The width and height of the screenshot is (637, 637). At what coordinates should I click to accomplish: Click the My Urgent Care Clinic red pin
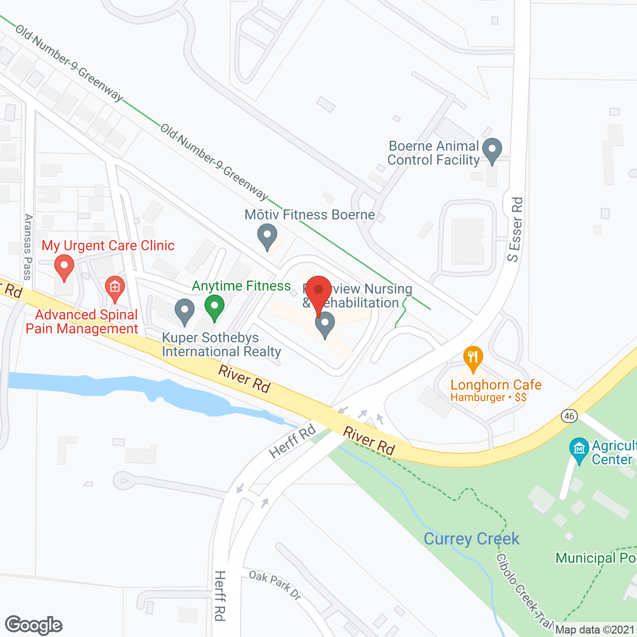point(64,267)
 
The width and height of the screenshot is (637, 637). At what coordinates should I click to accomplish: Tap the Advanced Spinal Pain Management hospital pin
point(115,288)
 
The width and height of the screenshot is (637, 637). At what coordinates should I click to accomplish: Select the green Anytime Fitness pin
point(214,308)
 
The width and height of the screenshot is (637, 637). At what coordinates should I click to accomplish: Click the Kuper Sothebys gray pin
point(185,312)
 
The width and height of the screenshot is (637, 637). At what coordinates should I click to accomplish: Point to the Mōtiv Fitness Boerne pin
point(267,236)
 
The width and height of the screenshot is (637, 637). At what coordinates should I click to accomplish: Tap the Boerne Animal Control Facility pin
point(492,150)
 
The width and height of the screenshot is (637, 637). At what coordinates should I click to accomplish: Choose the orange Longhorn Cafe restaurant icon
point(473,358)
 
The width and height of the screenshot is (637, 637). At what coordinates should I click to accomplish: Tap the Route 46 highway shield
point(569,416)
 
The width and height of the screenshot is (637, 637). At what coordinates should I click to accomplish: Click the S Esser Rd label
point(516,229)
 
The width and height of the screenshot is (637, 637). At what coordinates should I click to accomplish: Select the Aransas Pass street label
point(28,247)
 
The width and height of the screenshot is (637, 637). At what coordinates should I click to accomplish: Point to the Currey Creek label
point(471,539)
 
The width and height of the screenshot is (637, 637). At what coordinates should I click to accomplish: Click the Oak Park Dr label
point(275,585)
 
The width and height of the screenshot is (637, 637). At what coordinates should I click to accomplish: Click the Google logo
point(34,625)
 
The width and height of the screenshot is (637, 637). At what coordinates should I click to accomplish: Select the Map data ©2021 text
point(595,630)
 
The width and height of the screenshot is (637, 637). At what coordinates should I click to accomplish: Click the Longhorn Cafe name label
point(496,385)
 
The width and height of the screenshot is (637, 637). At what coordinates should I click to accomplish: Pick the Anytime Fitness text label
point(241,286)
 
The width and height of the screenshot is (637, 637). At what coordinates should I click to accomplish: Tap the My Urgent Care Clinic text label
point(108,245)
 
